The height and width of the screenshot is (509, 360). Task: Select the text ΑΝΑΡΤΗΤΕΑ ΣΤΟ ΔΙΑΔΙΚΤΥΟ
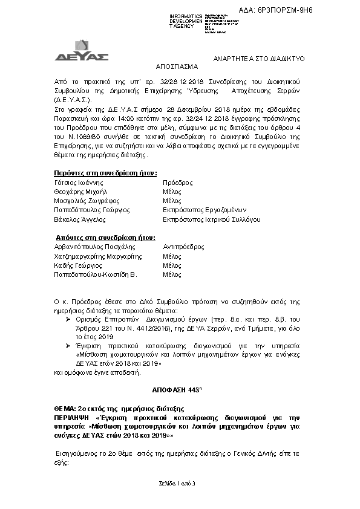tap(261, 58)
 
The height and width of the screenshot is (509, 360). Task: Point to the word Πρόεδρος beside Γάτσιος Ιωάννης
tap(177, 182)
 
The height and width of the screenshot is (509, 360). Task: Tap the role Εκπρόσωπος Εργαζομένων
tap(203, 210)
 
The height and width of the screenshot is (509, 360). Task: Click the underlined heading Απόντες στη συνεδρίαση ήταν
tap(97, 238)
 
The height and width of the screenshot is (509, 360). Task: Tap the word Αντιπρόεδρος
tap(183, 247)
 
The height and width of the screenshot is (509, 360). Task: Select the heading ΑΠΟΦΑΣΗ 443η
tap(180, 390)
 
